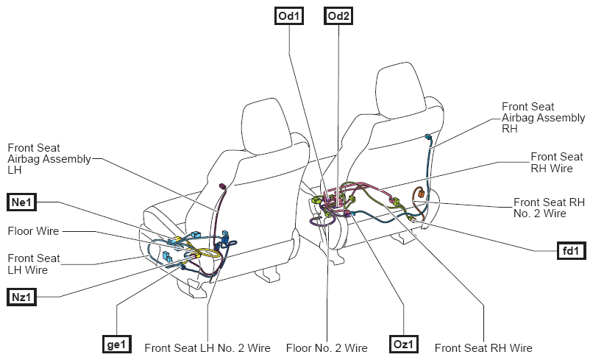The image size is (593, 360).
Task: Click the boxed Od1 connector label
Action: click(x=289, y=16)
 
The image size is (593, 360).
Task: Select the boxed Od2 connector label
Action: click(x=338, y=16)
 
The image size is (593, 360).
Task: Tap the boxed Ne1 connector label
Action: click(x=21, y=202)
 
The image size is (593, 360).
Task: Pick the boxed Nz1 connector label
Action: click(x=21, y=297)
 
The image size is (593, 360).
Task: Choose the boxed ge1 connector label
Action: click(x=117, y=344)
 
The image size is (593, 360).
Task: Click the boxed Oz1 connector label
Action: click(x=403, y=344)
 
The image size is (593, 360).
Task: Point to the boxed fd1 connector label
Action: click(x=572, y=250)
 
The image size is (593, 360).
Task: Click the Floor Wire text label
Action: click(x=33, y=231)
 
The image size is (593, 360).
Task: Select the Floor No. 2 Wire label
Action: click(x=327, y=348)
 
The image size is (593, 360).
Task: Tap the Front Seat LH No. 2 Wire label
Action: click(x=207, y=348)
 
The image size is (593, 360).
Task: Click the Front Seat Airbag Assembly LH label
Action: click(x=49, y=159)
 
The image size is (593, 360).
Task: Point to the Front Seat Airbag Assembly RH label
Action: click(x=544, y=118)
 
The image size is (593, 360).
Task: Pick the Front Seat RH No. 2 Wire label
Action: click(x=549, y=208)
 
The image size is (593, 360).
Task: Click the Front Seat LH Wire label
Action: click(x=34, y=264)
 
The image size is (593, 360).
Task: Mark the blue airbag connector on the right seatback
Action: click(x=428, y=137)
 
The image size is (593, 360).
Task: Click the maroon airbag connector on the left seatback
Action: click(x=222, y=186)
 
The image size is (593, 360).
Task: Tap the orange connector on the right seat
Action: click(x=420, y=194)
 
